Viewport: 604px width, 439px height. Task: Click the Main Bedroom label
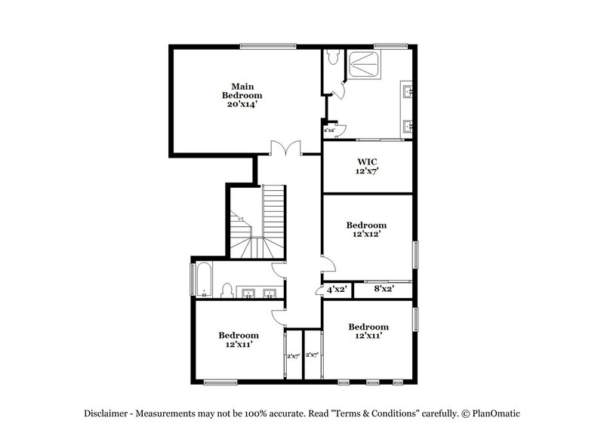[242, 91]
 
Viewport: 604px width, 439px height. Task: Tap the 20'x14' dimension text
[242, 105]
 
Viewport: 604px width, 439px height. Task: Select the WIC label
[367, 161]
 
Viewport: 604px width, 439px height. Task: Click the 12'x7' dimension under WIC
[367, 171]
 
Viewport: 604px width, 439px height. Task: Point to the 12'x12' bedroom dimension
[367, 235]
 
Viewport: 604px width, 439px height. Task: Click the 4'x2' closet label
[336, 289]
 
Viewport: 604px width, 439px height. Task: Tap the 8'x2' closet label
[383, 289]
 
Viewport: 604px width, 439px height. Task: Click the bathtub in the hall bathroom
[204, 279]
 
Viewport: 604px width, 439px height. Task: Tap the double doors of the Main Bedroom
[288, 149]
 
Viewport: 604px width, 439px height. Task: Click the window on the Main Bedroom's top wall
[268, 47]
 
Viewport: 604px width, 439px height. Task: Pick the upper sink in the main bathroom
[407, 93]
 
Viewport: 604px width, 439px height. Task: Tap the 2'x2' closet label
[329, 130]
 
